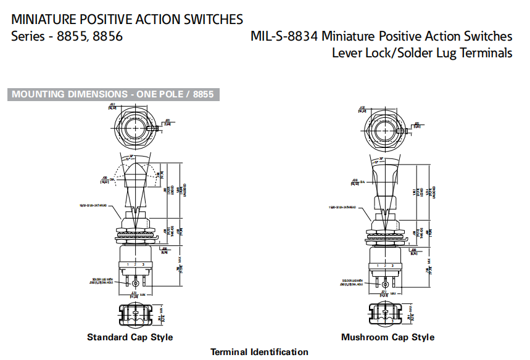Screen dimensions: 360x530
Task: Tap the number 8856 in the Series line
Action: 106,36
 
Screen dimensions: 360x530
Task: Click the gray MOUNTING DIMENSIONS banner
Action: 114,94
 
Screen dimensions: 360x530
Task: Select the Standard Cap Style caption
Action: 130,337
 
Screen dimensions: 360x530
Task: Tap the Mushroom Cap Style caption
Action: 387,337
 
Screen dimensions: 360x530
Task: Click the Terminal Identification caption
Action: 259,352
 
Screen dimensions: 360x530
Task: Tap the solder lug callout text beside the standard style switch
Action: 103,281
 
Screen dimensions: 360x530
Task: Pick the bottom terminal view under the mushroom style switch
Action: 386,314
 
